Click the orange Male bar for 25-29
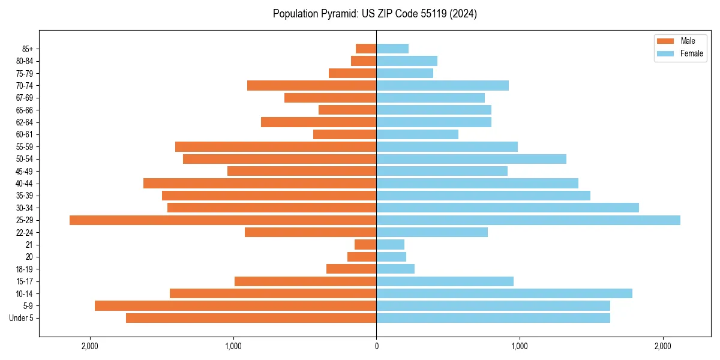coord(223,220)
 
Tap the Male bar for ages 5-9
coord(235,306)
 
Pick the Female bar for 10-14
coord(504,293)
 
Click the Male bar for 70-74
coord(311,86)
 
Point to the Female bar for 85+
coord(392,49)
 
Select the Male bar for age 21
coord(365,245)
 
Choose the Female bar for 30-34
coord(508,208)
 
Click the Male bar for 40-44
coord(260,183)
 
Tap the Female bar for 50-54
coord(471,159)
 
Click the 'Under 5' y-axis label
coord(21,318)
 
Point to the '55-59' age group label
coord(25,147)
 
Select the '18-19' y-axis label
coord(25,269)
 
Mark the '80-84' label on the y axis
coord(25,61)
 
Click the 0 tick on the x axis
coord(376,346)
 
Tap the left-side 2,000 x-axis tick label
coord(90,346)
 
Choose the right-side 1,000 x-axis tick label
coord(520,346)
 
